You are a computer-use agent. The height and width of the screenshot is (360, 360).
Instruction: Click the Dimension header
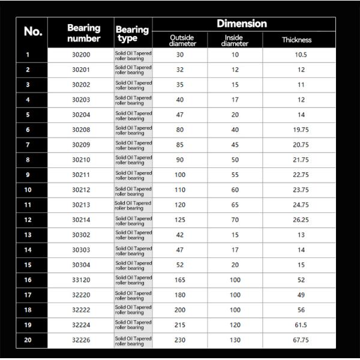(242, 24)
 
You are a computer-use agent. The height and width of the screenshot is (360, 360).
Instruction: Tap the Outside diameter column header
(181, 40)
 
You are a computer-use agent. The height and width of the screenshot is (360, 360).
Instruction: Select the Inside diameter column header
(235, 40)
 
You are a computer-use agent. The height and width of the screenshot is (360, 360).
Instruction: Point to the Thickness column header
(297, 40)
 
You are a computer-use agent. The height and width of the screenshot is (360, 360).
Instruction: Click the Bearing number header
(83, 33)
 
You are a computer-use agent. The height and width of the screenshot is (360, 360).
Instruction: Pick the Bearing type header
(132, 34)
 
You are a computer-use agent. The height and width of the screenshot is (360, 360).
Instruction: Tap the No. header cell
(33, 32)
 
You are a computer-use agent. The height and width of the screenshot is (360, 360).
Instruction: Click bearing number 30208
(80, 130)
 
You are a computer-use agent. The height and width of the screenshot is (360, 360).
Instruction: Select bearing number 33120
(80, 280)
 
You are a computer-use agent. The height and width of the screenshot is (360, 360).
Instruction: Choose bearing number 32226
(80, 340)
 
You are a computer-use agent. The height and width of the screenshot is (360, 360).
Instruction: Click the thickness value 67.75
(301, 340)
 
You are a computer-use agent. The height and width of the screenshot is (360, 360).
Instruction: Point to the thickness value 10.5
(301, 55)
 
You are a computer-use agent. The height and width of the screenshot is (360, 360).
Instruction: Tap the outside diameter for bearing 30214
(180, 220)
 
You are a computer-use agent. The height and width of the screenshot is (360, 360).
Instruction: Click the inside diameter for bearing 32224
(235, 325)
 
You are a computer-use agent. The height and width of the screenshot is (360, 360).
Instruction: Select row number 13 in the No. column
(28, 235)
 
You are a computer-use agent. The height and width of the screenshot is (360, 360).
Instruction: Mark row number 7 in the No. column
(28, 145)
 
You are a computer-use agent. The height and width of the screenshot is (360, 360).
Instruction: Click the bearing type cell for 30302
(133, 235)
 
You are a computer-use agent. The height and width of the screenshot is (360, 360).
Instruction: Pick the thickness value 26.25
(301, 220)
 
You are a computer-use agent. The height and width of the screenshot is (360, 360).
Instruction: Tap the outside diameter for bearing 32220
(180, 295)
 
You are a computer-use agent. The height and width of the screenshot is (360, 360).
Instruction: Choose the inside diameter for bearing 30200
(235, 55)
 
